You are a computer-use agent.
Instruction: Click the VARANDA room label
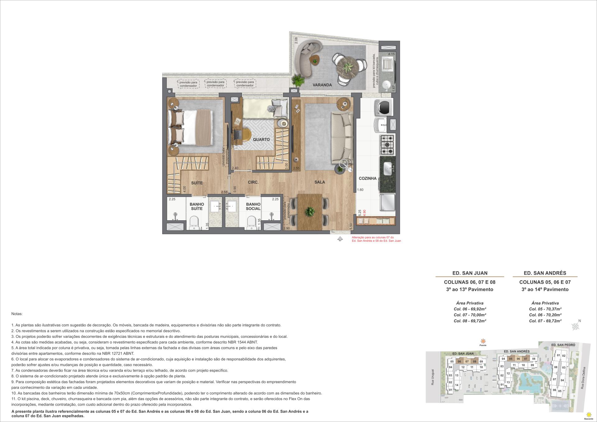pyautogui.click(x=322, y=85)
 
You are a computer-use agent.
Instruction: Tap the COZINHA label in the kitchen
pyautogui.click(x=368, y=178)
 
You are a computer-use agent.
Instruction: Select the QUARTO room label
pyautogui.click(x=261, y=140)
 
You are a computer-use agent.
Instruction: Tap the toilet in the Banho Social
pyautogui.click(x=251, y=223)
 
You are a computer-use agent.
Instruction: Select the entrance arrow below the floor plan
pyautogui.click(x=340, y=239)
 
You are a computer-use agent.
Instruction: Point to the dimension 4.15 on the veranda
pyautogui.click(x=391, y=54)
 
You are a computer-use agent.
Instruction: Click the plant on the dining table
pyautogui.click(x=309, y=212)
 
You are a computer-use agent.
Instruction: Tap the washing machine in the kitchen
pyautogui.click(x=384, y=107)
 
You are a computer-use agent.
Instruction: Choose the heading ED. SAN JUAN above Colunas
pyautogui.click(x=470, y=273)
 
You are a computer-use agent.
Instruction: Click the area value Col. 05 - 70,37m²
pyautogui.click(x=545, y=309)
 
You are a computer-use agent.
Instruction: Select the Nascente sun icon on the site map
pyautogui.click(x=588, y=415)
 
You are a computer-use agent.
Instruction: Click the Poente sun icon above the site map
pyautogui.click(x=483, y=341)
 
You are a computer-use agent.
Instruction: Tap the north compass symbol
pyautogui.click(x=576, y=326)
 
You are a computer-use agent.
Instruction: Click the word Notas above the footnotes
pyautogui.click(x=17, y=314)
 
